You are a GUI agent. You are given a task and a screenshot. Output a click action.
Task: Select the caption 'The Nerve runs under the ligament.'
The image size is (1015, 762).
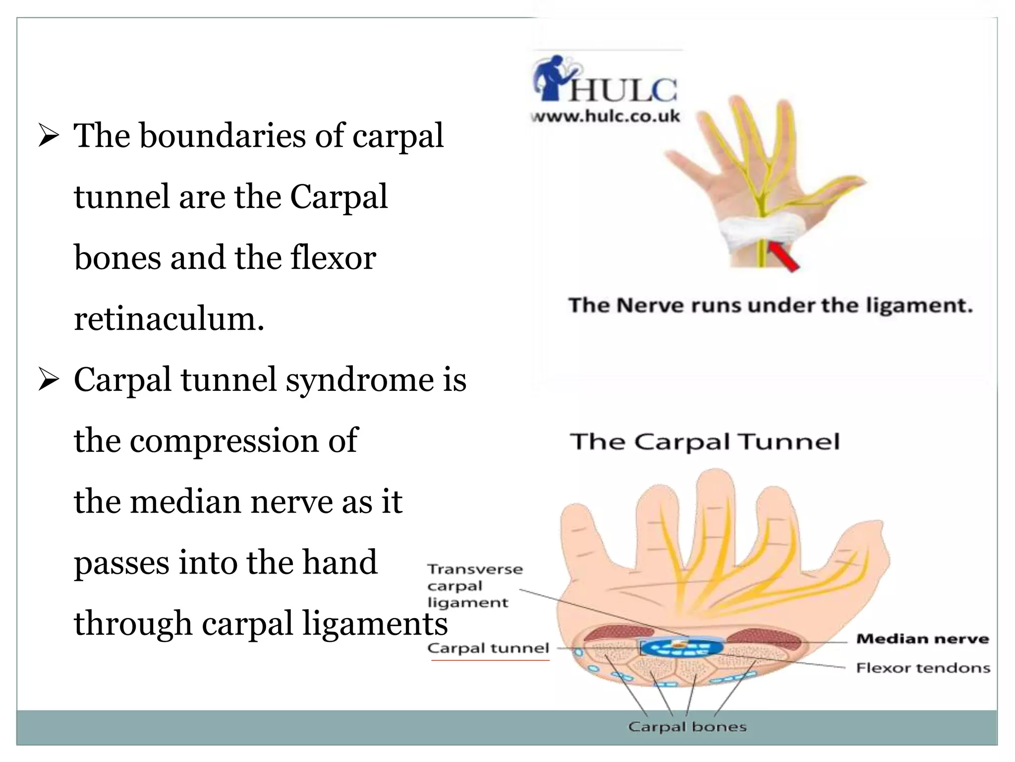click(770, 306)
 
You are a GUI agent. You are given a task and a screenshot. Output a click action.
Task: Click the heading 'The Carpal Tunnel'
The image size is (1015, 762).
click(705, 442)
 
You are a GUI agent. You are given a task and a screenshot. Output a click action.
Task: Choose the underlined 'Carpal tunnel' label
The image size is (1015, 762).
click(488, 648)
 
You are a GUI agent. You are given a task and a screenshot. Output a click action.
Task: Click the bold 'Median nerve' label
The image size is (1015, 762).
click(922, 639)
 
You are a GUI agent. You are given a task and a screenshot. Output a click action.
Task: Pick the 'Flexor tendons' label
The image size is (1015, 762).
click(923, 668)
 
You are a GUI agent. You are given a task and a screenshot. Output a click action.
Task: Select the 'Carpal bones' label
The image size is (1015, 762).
click(687, 727)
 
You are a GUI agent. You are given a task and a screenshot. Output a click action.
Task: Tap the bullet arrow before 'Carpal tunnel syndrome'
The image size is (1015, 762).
click(49, 381)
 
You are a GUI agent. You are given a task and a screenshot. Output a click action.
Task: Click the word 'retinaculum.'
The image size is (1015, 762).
click(169, 319)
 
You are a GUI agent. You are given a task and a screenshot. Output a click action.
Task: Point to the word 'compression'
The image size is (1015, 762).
click(224, 441)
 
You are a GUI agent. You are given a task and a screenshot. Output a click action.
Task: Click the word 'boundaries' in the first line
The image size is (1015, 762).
click(223, 136)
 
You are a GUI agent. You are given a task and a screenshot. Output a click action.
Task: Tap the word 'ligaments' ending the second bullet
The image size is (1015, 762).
click(375, 624)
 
